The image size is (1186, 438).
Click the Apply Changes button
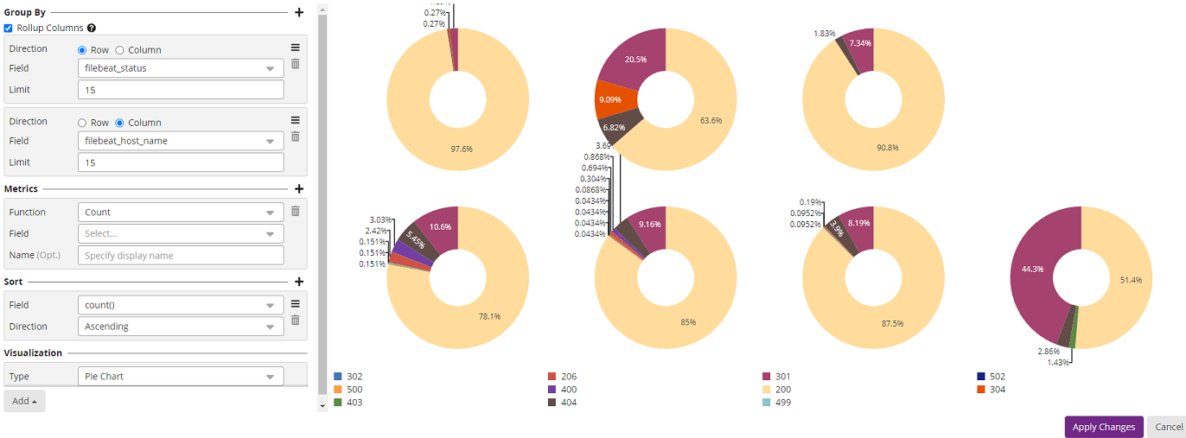coord(1104,427)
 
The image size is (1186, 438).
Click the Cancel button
coord(1168,427)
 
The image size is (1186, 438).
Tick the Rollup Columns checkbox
coord(9,29)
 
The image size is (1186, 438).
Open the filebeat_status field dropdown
coord(181,68)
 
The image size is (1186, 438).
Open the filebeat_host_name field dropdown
coord(181,141)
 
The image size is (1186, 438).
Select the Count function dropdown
coord(181,213)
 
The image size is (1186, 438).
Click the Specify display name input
coord(181,256)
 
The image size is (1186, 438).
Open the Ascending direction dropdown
coord(181,327)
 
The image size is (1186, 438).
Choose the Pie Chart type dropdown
coord(181,377)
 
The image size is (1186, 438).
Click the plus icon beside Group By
coord(299,13)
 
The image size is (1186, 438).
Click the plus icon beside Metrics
coord(299,188)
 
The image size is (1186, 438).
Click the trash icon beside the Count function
coord(295,211)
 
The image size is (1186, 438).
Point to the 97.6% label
coord(461,149)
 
